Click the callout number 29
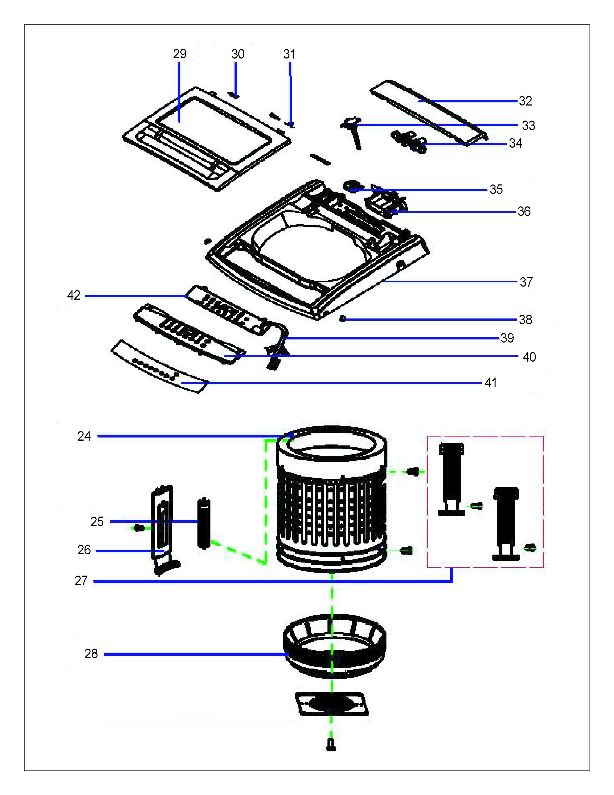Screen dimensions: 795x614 [x=179, y=54]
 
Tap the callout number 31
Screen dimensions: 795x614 [x=289, y=54]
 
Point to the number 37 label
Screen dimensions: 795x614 [x=526, y=282]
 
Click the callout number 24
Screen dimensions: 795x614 [x=84, y=436]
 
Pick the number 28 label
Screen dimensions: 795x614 [x=91, y=654]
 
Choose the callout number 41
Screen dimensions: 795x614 [x=490, y=383]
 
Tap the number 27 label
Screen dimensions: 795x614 [x=81, y=581]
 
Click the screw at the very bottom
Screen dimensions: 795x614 [x=331, y=745]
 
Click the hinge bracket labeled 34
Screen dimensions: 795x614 [x=409, y=142]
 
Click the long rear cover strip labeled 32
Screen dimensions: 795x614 [x=429, y=109]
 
